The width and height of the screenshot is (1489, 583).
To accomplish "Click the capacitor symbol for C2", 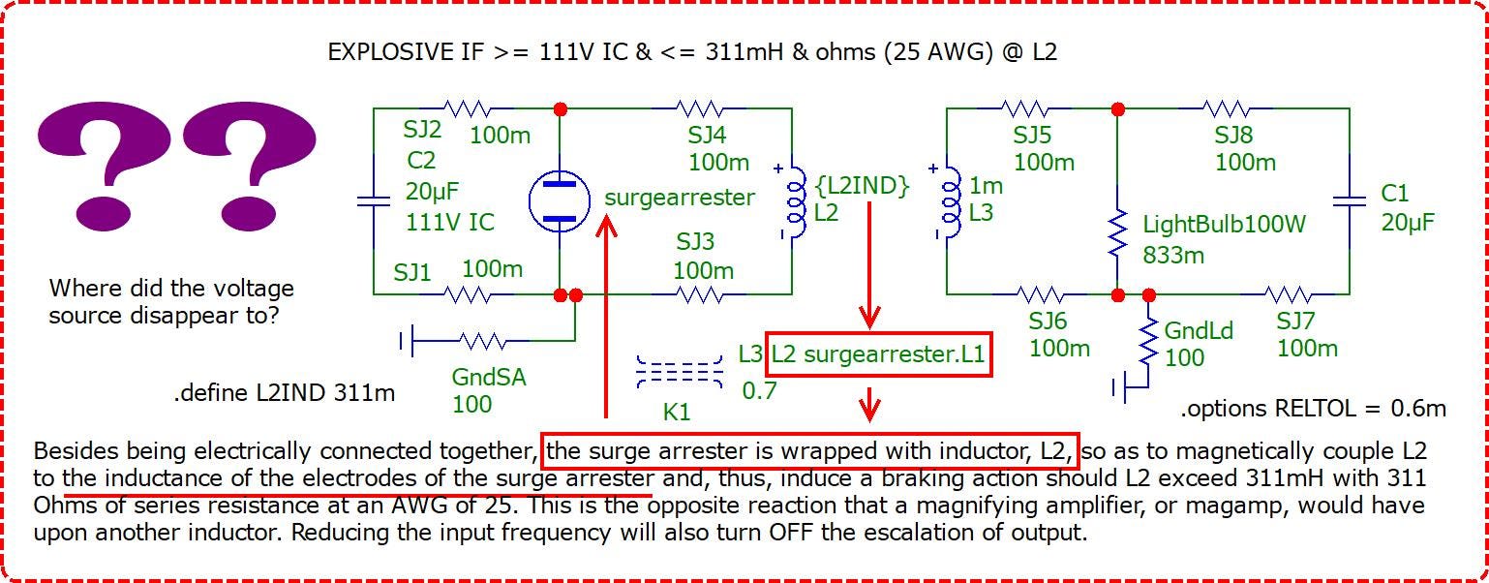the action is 374,200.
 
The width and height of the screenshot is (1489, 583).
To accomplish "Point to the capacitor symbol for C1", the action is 1350,200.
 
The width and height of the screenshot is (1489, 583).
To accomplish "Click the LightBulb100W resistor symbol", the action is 1118,232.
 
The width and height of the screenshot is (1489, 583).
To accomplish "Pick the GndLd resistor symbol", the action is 1148,343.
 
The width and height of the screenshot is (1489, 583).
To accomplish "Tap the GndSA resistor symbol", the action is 482,341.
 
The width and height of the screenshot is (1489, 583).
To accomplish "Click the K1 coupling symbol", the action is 680,372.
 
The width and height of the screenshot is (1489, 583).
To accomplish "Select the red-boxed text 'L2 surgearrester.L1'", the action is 878,354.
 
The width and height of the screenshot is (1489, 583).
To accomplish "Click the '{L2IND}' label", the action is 862,186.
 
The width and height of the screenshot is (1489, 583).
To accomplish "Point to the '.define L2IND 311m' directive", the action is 285,393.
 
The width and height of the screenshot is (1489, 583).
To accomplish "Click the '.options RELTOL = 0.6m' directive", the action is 1314,408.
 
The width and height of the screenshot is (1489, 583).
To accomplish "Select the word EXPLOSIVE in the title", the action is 391,52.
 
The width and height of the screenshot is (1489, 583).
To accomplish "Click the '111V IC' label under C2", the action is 450,222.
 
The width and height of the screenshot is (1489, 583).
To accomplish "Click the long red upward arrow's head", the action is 606,225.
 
